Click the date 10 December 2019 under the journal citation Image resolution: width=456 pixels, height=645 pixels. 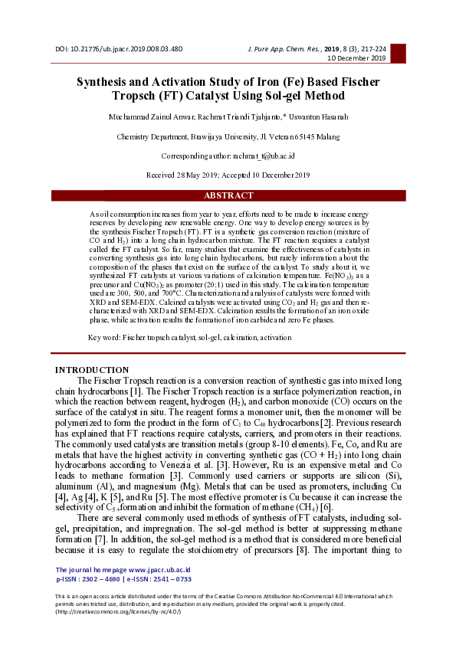[357, 57]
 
